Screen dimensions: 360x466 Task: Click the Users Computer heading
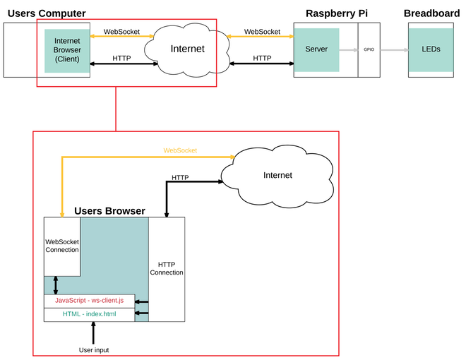coord(47,13)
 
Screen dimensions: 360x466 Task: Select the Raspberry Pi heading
coord(336,13)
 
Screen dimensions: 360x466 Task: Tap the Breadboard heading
coord(431,13)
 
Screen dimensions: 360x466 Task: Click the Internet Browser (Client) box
coord(67,50)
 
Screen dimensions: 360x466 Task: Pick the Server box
coord(316,50)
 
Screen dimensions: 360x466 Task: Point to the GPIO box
coord(369,50)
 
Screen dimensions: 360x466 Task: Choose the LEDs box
coord(430,50)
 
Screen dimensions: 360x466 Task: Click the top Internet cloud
coord(187,49)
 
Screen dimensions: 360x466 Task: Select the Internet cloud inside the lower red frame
coord(277,175)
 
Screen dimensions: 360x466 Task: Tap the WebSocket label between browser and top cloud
coord(121,32)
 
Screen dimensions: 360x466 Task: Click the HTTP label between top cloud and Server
coord(262,58)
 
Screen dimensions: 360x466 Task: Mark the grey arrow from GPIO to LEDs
coord(394,50)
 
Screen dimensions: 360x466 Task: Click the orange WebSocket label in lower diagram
coord(180,150)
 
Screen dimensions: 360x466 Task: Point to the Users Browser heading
coord(110,211)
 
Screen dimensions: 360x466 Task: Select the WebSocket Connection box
coord(62,246)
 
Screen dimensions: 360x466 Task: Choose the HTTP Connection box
coord(167,269)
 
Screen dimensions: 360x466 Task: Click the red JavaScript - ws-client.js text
coord(89,301)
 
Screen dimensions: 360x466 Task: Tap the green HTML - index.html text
coord(89,314)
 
